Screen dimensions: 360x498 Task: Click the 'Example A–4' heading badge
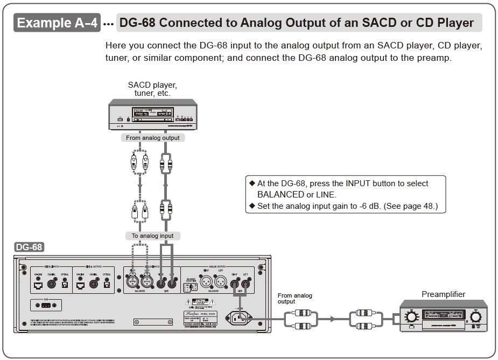pyautogui.click(x=57, y=23)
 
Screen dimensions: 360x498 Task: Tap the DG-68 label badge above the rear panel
pyautogui.click(x=30, y=247)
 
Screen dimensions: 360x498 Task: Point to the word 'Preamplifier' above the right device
pyautogui.click(x=443, y=294)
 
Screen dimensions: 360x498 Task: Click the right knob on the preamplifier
pyautogui.click(x=475, y=316)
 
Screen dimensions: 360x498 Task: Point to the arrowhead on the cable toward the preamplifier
pyautogui.click(x=332, y=319)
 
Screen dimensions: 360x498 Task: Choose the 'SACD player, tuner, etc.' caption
pyautogui.click(x=152, y=89)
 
